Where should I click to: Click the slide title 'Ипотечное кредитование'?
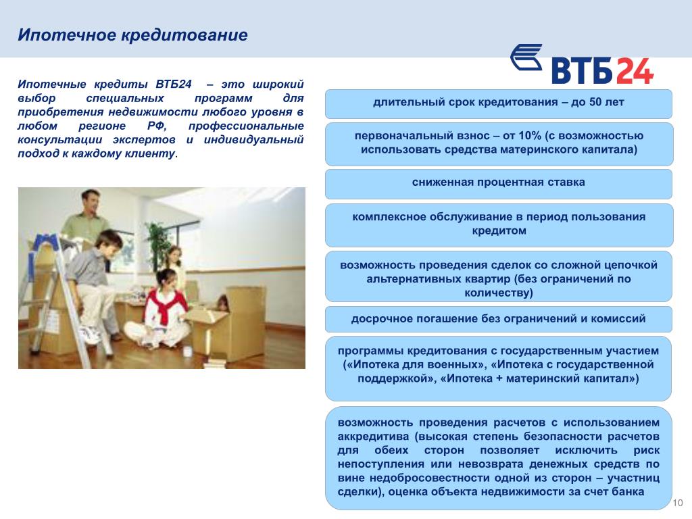(x=132, y=35)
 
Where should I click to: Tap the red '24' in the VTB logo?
(x=635, y=70)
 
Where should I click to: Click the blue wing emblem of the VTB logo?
(x=526, y=57)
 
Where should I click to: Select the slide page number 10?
(x=677, y=503)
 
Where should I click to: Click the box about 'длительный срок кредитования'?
(x=499, y=103)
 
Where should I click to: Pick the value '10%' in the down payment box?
(x=530, y=135)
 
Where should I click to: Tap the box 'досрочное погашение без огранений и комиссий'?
(x=499, y=319)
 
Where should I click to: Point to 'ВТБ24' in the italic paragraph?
(x=174, y=84)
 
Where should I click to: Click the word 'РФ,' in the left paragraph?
(x=157, y=126)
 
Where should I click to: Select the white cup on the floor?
(x=188, y=351)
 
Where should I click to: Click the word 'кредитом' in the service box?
(x=499, y=231)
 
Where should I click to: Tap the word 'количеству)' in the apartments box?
(x=499, y=293)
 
